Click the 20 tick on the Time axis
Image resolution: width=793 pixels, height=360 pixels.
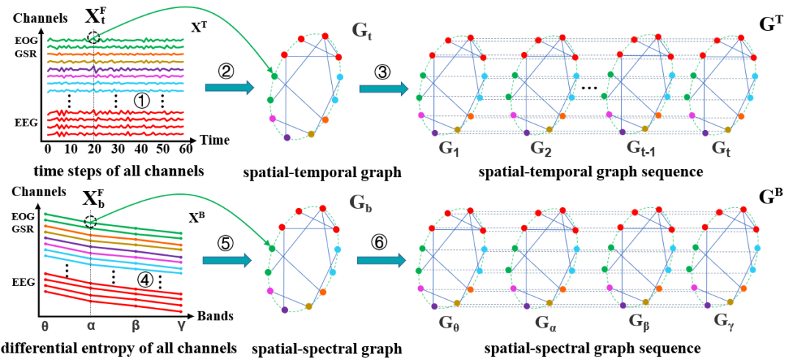93,149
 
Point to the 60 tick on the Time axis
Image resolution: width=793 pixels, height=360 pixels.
184,149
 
